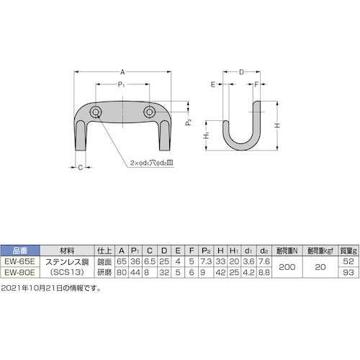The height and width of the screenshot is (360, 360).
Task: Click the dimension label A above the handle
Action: [123, 72]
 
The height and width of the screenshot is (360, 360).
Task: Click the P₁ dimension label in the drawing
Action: [122, 85]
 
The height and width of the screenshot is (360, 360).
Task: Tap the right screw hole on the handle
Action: [149, 112]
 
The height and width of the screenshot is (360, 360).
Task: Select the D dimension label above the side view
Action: [242, 72]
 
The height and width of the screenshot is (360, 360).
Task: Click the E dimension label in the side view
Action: [213, 84]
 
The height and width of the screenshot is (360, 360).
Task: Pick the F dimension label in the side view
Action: [257, 84]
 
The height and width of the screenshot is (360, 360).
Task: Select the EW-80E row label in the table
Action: [17, 273]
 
